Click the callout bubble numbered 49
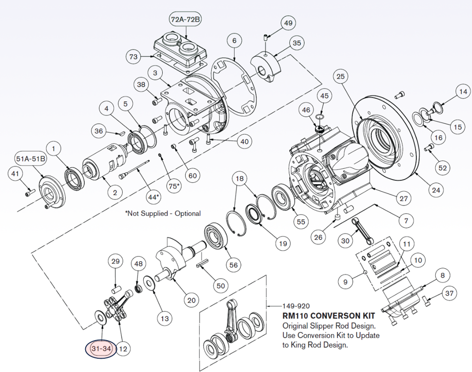(x=288, y=22)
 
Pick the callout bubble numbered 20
(x=191, y=300)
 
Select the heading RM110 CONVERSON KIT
(x=329, y=316)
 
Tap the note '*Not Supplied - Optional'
(x=163, y=214)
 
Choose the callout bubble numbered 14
(x=462, y=91)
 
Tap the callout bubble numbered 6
(x=234, y=41)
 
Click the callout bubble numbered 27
(x=403, y=198)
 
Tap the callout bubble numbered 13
(x=164, y=318)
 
